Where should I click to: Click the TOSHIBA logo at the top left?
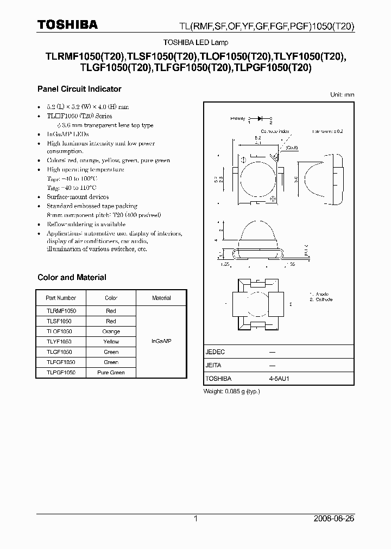pyautogui.click(x=67, y=24)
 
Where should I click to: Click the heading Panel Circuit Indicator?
pyautogui.click(x=79, y=89)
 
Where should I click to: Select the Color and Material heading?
pyautogui.click(x=72, y=277)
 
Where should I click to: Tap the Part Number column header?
pyautogui.click(x=61, y=298)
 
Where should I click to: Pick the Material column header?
pyautogui.click(x=161, y=298)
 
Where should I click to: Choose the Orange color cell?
pyautogui.click(x=111, y=331)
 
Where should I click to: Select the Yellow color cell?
pyautogui.click(x=111, y=342)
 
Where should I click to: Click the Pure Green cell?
pyautogui.click(x=111, y=373)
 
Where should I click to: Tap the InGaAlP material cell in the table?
pyautogui.click(x=161, y=341)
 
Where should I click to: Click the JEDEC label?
pyautogui.click(x=215, y=352)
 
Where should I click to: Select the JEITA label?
pyautogui.click(x=213, y=365)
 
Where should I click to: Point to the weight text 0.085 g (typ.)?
pyautogui.click(x=231, y=391)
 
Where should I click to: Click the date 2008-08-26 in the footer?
pyautogui.click(x=333, y=519)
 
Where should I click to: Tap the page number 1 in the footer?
pyautogui.click(x=195, y=519)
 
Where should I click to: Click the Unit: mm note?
pyautogui.click(x=342, y=94)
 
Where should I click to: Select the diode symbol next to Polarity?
pyautogui.click(x=260, y=117)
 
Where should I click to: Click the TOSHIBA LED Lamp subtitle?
pyautogui.click(x=195, y=42)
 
